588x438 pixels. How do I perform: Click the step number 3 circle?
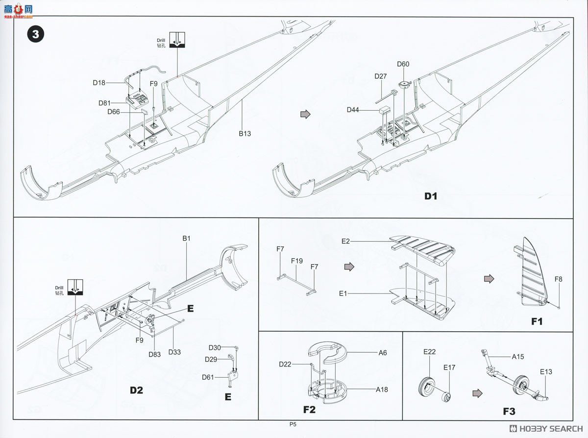click(x=36, y=35)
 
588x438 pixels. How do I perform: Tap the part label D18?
click(x=99, y=83)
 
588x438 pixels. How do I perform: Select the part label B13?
click(x=245, y=133)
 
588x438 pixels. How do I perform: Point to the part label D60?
click(x=403, y=64)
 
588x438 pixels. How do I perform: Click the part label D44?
click(x=353, y=110)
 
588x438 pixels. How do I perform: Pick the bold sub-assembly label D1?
click(x=430, y=196)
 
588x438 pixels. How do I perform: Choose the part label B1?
click(x=186, y=239)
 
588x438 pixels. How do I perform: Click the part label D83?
click(x=155, y=354)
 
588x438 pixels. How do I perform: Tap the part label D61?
click(x=208, y=377)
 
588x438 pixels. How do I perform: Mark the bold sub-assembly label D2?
click(x=136, y=390)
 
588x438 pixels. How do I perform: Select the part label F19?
click(x=297, y=261)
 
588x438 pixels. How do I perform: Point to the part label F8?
click(x=559, y=279)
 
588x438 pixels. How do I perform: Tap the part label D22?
click(x=286, y=364)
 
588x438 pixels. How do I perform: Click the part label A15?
click(x=518, y=357)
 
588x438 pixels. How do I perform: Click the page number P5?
click(x=293, y=425)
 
